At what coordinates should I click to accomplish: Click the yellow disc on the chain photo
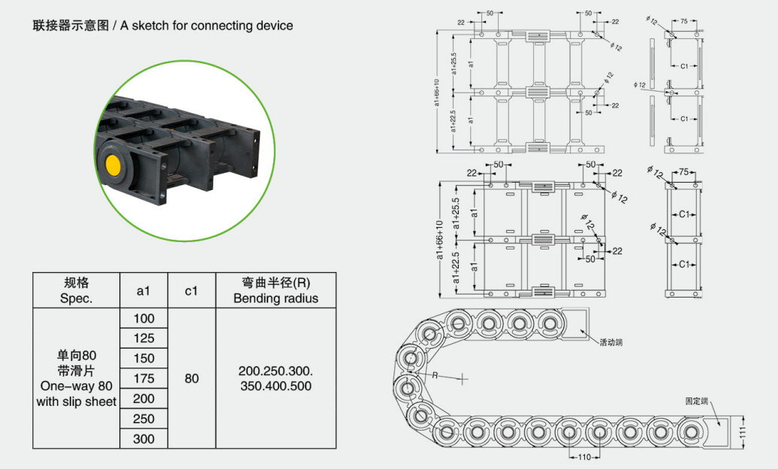115,165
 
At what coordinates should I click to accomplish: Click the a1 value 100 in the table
144,319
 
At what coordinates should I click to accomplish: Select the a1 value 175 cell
144,378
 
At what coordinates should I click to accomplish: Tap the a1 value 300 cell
144,439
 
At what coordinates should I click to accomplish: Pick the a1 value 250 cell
144,419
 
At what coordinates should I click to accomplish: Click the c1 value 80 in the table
191,378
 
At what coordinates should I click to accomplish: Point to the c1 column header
191,290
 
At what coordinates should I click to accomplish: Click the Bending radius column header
276,290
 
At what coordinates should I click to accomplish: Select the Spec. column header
76,290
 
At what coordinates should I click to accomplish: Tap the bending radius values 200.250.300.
276,372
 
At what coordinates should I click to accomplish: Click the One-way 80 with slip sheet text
76,394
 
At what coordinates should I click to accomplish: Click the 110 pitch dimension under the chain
583,457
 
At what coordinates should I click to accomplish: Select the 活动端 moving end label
611,342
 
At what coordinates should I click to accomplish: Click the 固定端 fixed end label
696,401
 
